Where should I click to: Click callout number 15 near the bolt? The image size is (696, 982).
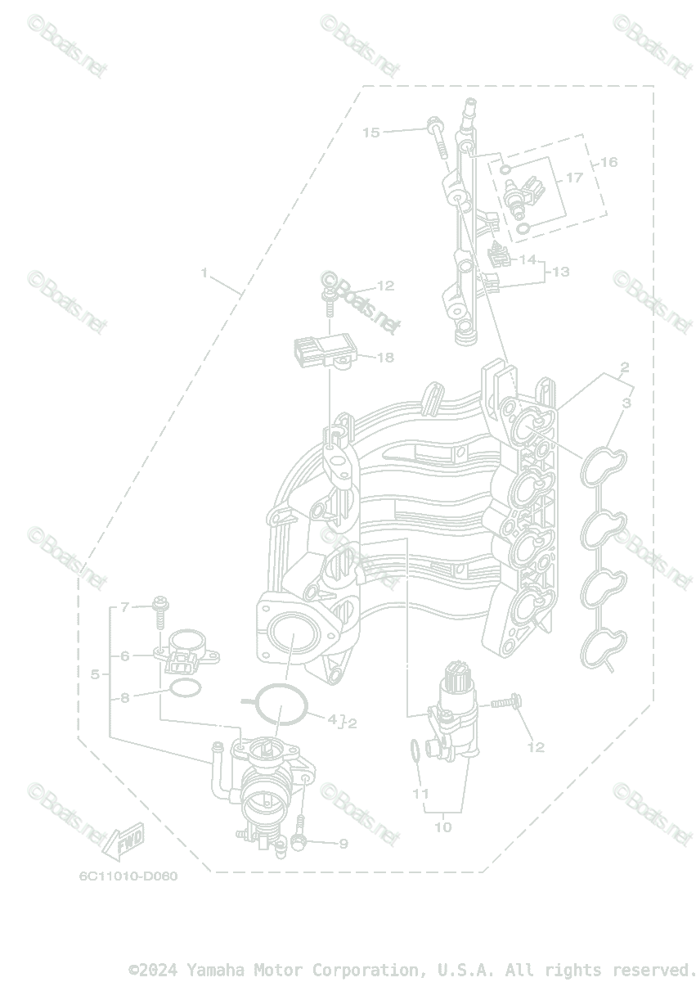point(371,132)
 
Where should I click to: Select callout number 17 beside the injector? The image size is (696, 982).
point(574,178)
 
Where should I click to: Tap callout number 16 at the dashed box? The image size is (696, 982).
point(609,162)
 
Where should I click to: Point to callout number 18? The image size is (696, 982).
point(384,358)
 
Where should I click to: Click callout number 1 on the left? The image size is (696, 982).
point(204,273)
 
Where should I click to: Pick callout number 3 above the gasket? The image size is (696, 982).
point(626,403)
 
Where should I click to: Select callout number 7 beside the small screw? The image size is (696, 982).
point(125,607)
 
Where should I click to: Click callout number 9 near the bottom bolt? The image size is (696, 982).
point(343,844)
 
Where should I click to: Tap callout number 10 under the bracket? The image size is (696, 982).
point(442,827)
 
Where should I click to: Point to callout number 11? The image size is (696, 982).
point(420,794)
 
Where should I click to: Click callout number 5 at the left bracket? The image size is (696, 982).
point(95,674)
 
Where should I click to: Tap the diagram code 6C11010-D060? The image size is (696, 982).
point(128,876)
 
